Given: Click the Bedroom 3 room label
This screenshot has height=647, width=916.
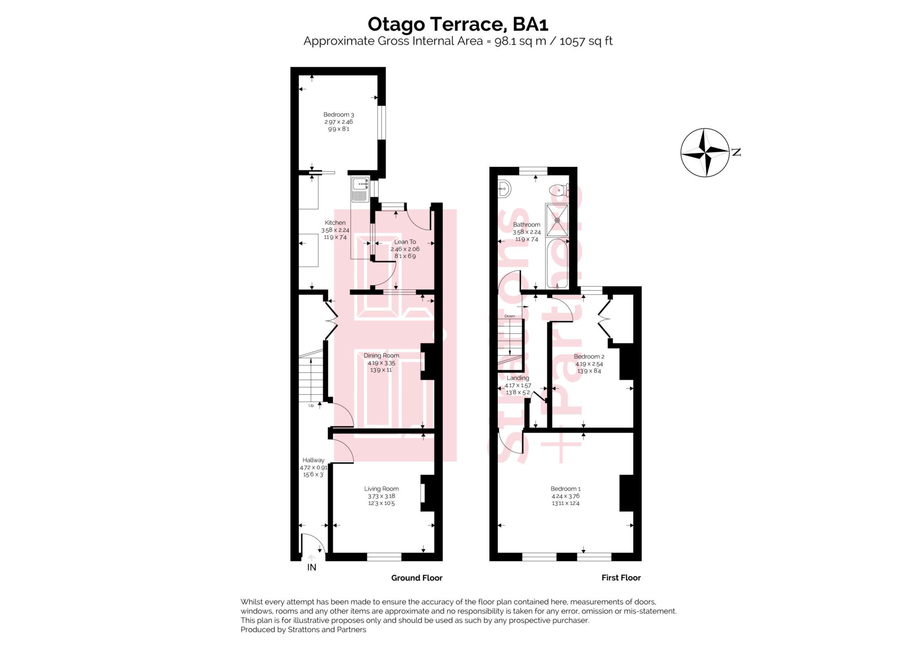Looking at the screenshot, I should point(339,115).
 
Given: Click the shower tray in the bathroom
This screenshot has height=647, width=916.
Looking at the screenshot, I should point(557,220).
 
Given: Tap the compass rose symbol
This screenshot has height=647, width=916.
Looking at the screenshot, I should point(704,152).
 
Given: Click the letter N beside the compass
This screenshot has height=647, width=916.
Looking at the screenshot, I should point(736,152).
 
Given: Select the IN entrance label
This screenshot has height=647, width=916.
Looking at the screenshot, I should point(312,567).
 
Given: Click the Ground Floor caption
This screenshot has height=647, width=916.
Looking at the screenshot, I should point(416,578).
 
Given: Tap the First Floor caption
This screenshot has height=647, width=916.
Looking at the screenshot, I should point(621,578).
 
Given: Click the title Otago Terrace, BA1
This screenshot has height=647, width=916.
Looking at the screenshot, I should point(458,24).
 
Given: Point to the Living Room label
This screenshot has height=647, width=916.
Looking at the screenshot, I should point(381,489).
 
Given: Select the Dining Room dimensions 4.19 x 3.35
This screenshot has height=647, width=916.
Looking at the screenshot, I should point(381,363).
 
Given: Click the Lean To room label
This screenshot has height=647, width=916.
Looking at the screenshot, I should point(405,242).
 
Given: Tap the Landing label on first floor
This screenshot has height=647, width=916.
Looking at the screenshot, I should point(517,378).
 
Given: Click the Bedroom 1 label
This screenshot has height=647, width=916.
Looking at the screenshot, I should point(565,489).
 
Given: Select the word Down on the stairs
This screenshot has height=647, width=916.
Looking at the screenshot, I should point(509,316).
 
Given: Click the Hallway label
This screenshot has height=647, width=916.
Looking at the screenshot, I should point(313,460).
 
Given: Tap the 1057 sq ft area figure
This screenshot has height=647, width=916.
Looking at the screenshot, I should point(585,41).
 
